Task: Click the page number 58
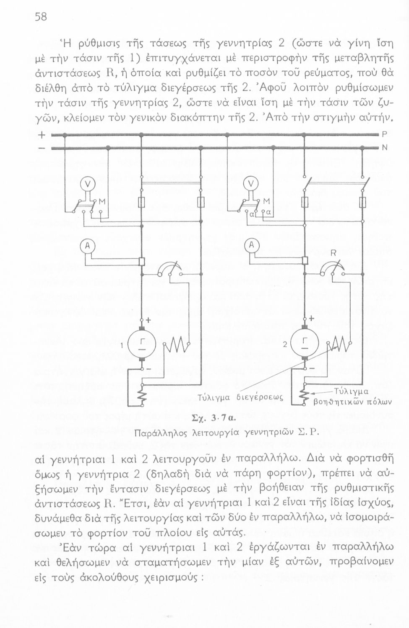41,17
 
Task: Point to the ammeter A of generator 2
251,246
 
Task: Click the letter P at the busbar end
384,134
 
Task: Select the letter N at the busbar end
384,148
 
